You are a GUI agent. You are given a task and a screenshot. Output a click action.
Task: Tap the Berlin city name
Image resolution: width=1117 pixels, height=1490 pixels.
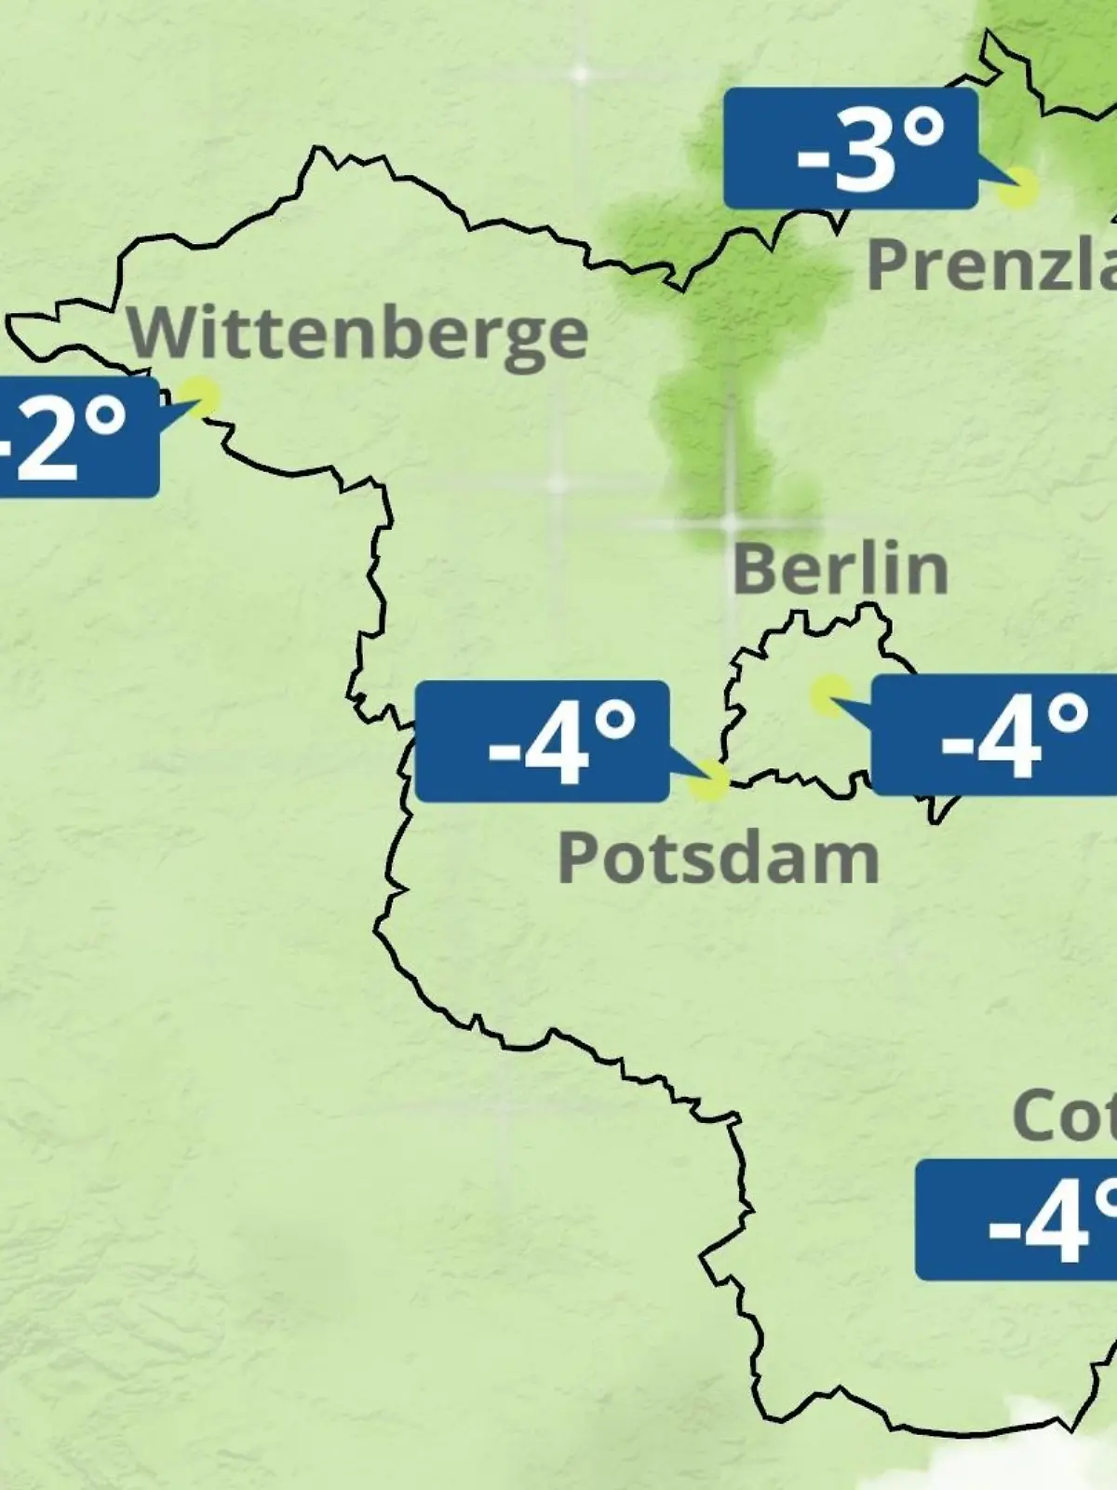841,569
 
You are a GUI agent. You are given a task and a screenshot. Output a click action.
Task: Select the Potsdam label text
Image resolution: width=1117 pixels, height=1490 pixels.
719,858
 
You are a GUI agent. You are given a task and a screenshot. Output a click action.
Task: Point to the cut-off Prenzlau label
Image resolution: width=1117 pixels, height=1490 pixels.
991,264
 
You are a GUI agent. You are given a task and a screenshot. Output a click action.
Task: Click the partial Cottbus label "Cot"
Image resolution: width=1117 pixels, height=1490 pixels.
1064,1116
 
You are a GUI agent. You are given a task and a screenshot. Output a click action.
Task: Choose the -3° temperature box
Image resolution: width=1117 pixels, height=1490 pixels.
851,149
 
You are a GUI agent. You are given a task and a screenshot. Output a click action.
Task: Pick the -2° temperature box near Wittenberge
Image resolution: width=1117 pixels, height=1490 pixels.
74,436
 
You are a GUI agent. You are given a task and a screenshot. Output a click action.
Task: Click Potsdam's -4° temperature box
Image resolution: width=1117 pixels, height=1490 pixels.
542,741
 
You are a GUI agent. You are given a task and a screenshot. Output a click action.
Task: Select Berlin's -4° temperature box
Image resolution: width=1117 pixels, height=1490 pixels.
994,736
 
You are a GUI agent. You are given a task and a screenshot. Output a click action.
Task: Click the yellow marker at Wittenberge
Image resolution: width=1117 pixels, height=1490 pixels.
200,396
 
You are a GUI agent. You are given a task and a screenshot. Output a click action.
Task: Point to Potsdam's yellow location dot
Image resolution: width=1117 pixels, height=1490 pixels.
709,780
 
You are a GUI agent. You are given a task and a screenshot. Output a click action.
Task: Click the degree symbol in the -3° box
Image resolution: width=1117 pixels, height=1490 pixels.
924,130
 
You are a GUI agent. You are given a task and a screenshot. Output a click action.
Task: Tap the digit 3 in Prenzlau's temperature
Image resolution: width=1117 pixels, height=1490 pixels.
865,152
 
